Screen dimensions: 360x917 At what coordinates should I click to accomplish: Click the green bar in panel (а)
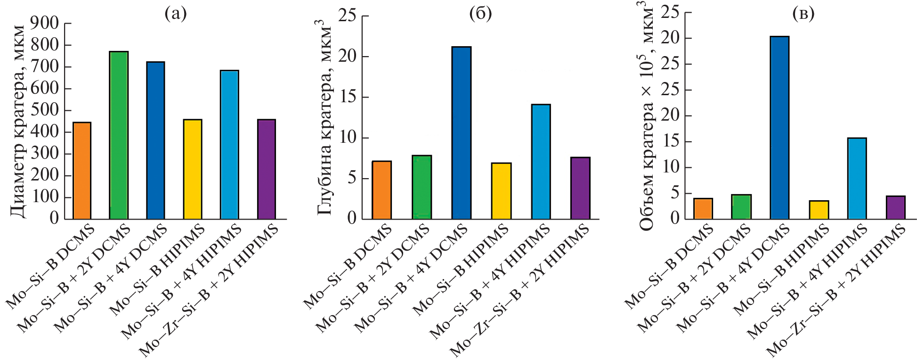(119, 135)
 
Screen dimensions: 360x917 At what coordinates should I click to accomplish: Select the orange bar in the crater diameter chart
(82, 171)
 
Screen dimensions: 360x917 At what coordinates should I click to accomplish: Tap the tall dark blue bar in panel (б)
(461, 133)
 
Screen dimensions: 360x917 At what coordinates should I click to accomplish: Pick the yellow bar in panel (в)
(819, 210)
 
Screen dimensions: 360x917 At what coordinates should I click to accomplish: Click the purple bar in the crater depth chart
(580, 188)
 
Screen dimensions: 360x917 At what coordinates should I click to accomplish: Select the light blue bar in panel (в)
(857, 178)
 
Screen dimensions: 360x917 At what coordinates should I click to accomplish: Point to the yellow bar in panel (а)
(193, 169)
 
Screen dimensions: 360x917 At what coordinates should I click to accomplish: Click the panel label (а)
(175, 14)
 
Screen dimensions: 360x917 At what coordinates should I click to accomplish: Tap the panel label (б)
(480, 14)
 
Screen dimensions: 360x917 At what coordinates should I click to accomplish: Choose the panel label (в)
(803, 14)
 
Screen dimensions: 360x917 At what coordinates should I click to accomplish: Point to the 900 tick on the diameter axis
(45, 23)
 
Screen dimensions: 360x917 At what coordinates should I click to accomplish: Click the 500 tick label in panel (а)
(45, 110)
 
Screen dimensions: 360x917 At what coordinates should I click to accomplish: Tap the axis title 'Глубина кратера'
(325, 118)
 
